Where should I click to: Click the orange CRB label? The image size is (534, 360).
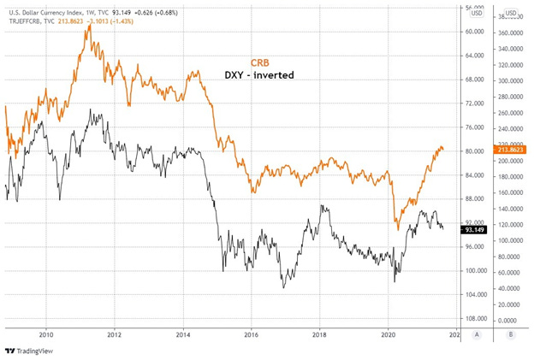click(260, 62)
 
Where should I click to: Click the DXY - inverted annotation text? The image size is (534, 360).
click(258, 75)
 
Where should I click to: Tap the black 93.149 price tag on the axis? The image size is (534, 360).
click(475, 229)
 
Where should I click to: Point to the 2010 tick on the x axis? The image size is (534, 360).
click(46, 335)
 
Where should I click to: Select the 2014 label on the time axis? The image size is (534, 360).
click(183, 335)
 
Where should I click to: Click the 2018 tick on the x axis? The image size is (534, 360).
click(319, 335)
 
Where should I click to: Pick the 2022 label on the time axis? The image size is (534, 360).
click(455, 335)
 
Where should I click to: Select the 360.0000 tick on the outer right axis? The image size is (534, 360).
click(512, 32)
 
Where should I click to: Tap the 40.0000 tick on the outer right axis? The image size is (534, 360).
click(512, 288)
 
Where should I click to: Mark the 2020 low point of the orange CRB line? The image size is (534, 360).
click(398, 228)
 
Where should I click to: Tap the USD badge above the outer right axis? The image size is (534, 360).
click(511, 13)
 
